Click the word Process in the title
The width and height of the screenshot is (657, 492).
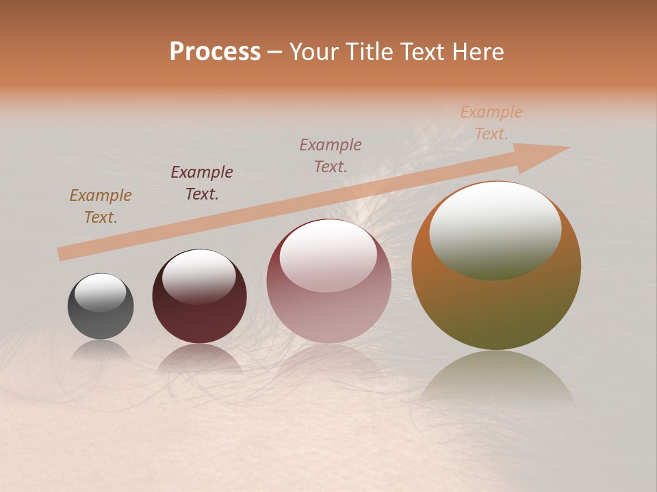click(215, 52)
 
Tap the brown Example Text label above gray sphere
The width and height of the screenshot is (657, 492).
click(101, 206)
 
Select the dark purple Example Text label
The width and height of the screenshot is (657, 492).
click(202, 183)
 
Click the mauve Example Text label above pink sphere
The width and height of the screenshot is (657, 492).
click(331, 155)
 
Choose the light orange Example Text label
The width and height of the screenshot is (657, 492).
click(491, 123)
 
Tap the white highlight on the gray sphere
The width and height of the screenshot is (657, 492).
click(101, 292)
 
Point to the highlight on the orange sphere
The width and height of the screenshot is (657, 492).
click(495, 230)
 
